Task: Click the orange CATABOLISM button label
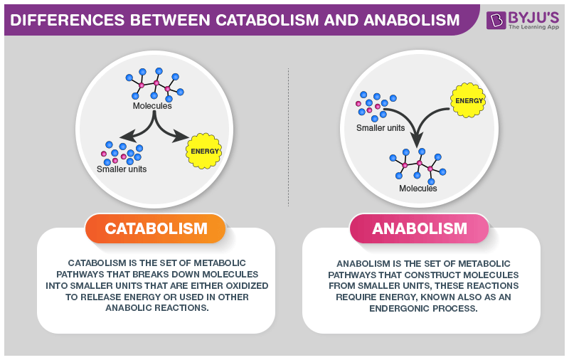click(156, 229)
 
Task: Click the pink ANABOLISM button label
click(420, 229)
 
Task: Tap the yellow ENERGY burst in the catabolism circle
click(204, 151)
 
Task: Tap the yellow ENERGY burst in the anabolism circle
click(469, 100)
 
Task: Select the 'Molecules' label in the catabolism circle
click(152, 106)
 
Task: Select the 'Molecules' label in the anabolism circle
click(418, 189)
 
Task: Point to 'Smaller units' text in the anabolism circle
click(381, 128)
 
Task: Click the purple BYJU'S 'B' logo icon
click(496, 19)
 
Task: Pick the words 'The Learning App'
click(533, 27)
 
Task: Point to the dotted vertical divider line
click(288, 135)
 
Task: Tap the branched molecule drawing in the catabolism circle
click(156, 85)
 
